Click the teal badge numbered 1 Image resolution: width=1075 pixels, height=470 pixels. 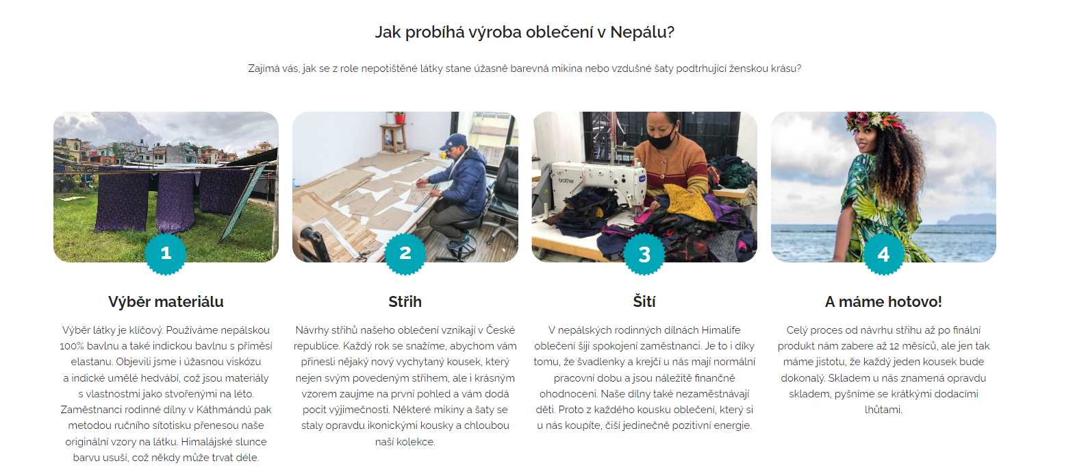point(166,253)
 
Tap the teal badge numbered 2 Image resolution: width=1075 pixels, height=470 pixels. point(405,253)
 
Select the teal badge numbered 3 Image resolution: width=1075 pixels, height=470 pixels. point(644,254)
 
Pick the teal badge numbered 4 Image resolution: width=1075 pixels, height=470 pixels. point(883,254)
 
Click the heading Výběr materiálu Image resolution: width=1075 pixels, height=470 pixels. point(166,302)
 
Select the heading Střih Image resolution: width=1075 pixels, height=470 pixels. point(405,302)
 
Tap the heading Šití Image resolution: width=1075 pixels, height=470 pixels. point(644,301)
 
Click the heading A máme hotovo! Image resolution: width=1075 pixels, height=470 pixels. point(883,302)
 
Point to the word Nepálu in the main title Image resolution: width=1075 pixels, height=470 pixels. point(642,32)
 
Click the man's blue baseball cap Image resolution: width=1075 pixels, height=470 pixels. point(453,141)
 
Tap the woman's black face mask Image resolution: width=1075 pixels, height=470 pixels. point(662,139)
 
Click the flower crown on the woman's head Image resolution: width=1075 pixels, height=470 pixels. point(875,121)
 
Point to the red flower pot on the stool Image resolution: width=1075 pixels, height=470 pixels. point(399,118)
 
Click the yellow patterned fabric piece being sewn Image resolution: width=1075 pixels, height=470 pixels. point(682,201)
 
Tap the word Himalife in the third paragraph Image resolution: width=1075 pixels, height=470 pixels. point(721,330)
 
